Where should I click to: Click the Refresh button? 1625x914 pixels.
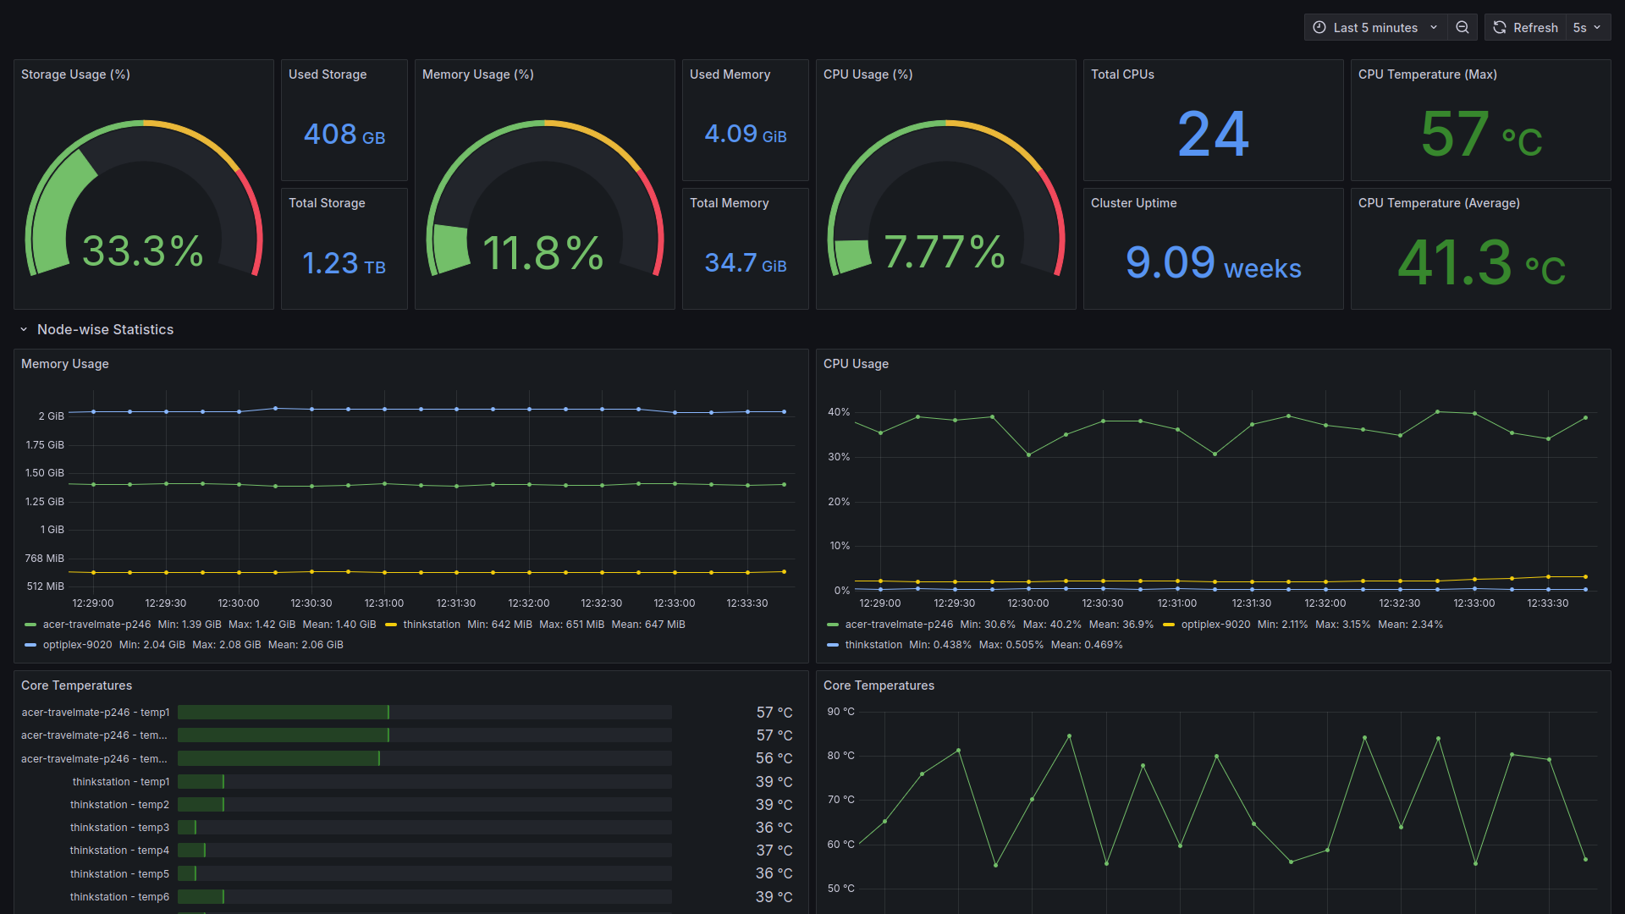tap(1526, 28)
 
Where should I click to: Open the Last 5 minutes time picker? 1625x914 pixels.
tap(1375, 28)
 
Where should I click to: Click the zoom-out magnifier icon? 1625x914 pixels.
tap(1462, 28)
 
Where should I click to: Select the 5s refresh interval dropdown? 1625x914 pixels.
tap(1587, 28)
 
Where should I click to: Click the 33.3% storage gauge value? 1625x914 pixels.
tap(142, 251)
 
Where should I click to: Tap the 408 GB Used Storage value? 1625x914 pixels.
tap(344, 135)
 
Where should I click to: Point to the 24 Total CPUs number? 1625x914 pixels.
tap(1213, 135)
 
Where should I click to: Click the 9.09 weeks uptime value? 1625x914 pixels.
tap(1213, 263)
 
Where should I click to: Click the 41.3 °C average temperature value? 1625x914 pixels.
tap(1480, 263)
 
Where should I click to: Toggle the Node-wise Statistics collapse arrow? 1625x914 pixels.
tap(24, 330)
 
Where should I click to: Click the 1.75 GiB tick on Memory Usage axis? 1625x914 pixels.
tap(45, 445)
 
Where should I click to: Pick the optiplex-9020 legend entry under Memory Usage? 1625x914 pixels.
tap(77, 645)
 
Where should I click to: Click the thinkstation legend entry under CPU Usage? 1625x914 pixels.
tap(873, 645)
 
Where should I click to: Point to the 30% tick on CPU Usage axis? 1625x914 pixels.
tap(839, 457)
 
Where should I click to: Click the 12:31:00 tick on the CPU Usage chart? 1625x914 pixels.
tap(1176, 603)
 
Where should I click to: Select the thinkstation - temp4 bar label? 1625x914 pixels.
tap(119, 851)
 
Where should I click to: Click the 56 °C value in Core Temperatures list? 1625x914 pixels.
tap(774, 758)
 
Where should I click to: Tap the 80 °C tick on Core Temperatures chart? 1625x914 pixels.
tap(840, 756)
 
